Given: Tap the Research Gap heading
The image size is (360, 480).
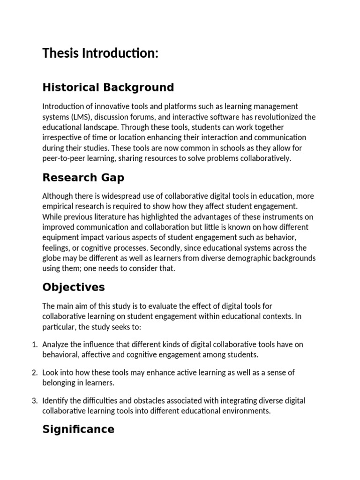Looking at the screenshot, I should (83, 178).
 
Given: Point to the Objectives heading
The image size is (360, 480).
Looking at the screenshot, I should (74, 287).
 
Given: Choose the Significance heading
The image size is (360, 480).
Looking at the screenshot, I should (78, 429).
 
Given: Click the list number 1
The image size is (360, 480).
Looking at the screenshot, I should (34, 345).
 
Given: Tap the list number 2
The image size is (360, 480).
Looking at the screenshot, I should (34, 373).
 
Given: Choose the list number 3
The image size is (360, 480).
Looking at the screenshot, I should (34, 401).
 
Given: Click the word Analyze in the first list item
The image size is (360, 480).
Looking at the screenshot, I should (55, 345).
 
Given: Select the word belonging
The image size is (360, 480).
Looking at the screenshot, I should (60, 383).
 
